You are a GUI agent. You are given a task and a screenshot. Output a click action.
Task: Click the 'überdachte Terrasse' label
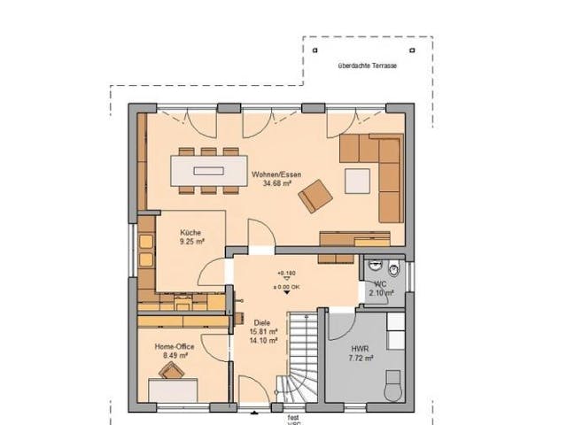[x=368, y=66]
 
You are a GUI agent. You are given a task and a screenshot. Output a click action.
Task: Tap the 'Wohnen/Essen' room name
[x=275, y=175]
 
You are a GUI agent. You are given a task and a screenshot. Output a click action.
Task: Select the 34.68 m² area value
[x=275, y=185]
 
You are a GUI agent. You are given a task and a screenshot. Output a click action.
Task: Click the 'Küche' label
[x=190, y=233]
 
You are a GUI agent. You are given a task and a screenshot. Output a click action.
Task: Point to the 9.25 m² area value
[x=192, y=241]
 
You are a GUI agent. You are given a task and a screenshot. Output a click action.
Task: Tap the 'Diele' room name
[x=261, y=323]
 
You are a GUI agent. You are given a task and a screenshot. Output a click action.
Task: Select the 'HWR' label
[x=361, y=348]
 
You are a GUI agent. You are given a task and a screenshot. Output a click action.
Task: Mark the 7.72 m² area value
[x=361, y=358]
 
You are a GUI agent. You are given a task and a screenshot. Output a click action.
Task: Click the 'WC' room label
[x=379, y=284]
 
